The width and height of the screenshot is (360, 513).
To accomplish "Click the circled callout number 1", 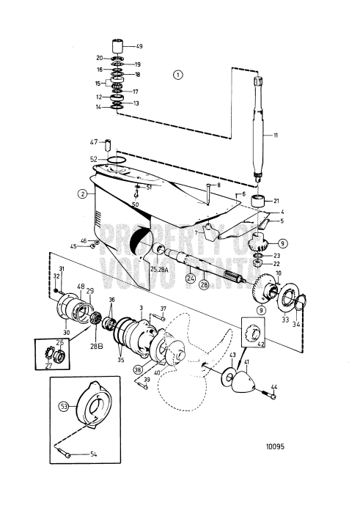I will [177, 74].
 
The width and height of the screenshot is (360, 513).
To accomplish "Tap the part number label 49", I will [139, 46].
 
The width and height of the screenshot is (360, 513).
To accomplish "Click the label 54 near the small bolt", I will [93, 454].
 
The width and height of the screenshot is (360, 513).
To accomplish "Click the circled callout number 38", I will [138, 372].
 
